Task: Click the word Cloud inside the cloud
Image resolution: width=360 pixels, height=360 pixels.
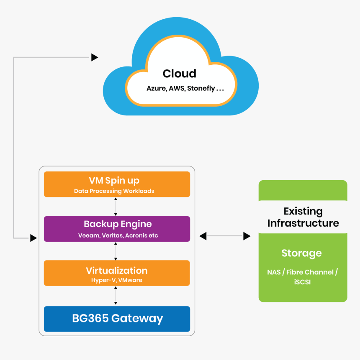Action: [179, 74]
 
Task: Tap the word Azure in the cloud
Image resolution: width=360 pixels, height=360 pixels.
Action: [157, 89]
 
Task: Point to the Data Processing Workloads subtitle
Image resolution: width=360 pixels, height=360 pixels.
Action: [114, 191]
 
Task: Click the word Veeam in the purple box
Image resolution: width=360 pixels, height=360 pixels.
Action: [89, 235]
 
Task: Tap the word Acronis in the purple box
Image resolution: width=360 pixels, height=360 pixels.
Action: [136, 235]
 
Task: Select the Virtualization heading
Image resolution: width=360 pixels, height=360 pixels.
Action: [117, 270]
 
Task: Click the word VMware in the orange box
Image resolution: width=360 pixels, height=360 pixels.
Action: [130, 280]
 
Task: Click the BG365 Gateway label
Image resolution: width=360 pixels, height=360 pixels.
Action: [117, 319]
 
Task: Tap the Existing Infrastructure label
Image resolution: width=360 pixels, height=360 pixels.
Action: [303, 217]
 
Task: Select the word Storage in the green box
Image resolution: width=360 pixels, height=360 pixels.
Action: [301, 253]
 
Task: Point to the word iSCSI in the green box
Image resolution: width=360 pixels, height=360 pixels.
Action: [302, 282]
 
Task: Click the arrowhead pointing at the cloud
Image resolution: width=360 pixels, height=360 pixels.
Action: [95, 57]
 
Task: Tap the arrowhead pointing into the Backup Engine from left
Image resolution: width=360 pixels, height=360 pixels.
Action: [33, 238]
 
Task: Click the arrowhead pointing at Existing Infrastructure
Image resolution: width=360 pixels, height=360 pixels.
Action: [247, 236]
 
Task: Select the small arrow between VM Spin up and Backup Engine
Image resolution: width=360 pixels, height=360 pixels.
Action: [116, 207]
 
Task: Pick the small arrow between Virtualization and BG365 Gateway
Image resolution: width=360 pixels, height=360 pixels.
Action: [116, 296]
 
